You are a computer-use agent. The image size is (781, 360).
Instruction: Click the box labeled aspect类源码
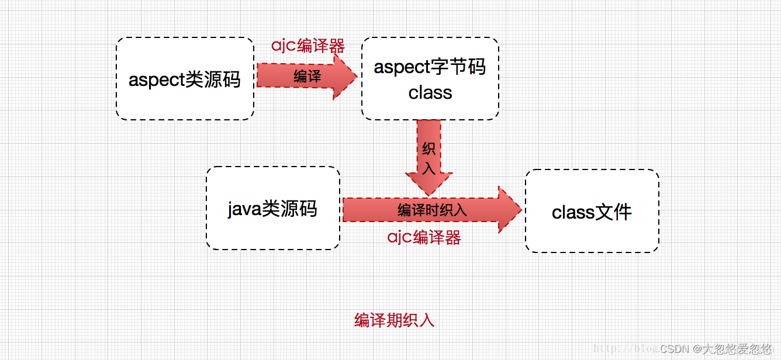(185, 79)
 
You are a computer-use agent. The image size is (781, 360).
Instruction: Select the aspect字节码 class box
(430, 79)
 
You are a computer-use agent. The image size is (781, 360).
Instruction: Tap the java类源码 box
(272, 208)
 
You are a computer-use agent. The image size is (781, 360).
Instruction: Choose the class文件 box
(592, 211)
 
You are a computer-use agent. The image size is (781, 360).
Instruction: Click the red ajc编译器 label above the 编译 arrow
(307, 46)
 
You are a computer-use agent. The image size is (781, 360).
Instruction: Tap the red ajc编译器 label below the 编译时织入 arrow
(424, 237)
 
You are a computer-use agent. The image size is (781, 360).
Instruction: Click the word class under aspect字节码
(430, 92)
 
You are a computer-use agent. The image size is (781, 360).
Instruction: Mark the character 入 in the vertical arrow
(428, 168)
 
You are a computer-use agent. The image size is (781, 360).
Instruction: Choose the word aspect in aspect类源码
(156, 79)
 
